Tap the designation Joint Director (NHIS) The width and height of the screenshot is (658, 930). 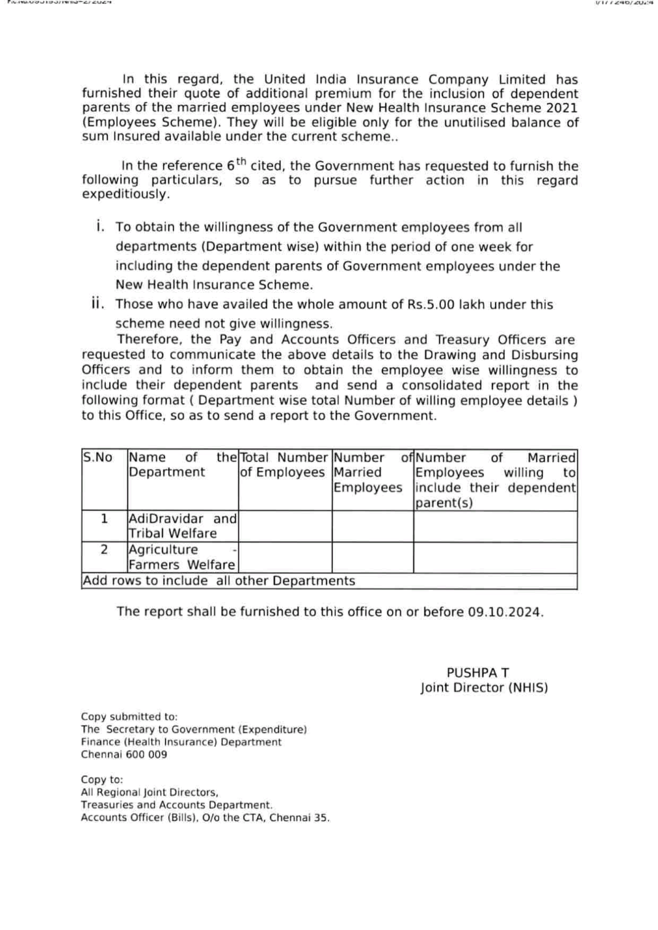tap(484, 688)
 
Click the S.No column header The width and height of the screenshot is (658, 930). tap(98, 458)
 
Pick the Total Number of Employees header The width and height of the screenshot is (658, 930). tap(283, 465)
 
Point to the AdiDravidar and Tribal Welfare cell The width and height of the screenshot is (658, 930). tap(182, 526)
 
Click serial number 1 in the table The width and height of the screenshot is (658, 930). tap(104, 519)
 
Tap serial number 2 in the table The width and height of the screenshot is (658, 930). tap(104, 550)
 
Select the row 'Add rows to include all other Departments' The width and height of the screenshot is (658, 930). tap(219, 581)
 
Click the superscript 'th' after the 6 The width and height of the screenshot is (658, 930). tap(242, 162)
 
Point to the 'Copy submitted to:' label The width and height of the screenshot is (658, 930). tap(129, 717)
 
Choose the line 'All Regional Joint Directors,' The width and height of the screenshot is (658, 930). tap(150, 792)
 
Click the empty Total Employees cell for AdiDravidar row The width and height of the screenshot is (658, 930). tap(285, 526)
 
